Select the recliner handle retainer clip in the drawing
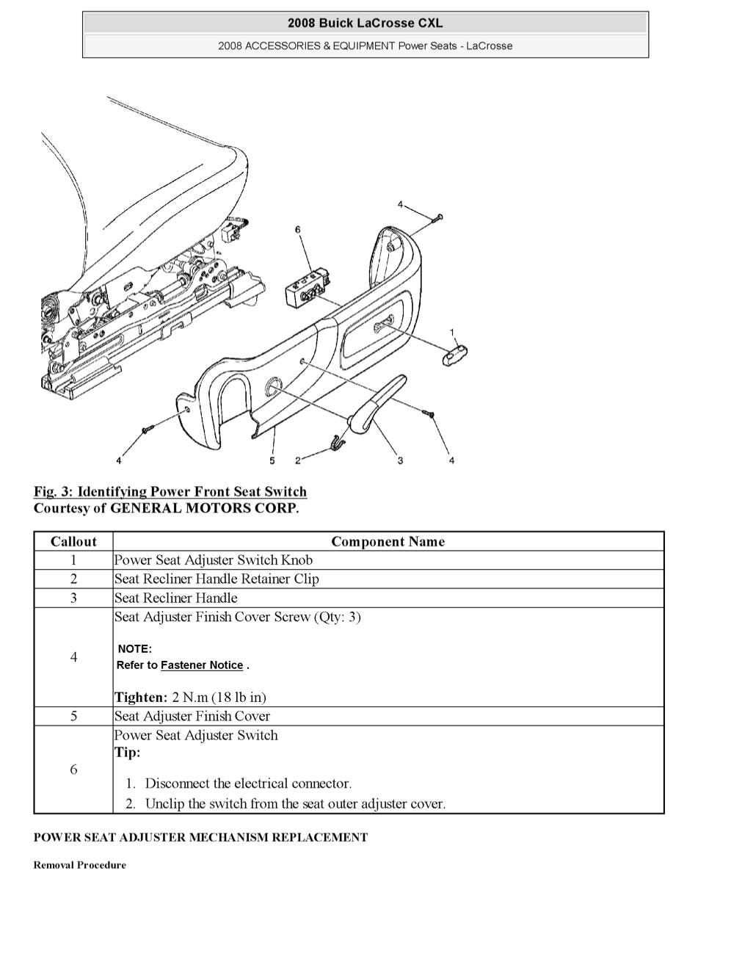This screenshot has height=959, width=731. click(337, 441)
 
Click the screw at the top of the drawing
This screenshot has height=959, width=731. click(437, 217)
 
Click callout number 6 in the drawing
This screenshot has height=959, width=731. click(298, 230)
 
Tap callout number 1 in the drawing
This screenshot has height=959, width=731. click(452, 332)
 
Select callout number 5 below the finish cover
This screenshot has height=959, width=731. click(272, 460)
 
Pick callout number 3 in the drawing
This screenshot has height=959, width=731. click(400, 460)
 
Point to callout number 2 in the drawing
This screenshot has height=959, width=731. click(298, 460)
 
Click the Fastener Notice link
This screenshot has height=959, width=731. click(202, 665)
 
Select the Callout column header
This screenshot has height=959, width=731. click(73, 542)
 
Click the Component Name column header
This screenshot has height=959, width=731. click(388, 542)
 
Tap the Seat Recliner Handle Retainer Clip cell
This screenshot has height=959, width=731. click(217, 579)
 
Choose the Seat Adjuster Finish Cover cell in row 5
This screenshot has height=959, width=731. click(192, 717)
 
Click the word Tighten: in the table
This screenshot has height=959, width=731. click(141, 698)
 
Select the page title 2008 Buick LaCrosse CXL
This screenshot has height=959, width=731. click(365, 23)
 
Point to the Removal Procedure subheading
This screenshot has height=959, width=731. click(79, 865)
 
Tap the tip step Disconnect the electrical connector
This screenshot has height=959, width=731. click(248, 784)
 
